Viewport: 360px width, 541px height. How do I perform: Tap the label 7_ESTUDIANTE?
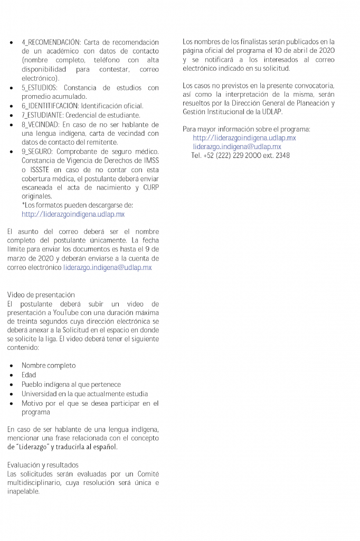43,115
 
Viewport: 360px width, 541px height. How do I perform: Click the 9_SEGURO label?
37,152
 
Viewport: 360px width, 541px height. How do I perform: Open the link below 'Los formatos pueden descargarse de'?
73,214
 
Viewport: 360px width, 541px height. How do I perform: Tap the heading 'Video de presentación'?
41,295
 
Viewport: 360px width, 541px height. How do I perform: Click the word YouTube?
82,313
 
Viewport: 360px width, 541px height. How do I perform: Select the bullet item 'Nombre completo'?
49,366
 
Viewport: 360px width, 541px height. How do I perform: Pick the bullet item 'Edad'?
29,375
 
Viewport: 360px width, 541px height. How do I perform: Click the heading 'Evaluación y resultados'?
43,465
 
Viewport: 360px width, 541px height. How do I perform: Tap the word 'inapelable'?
23,492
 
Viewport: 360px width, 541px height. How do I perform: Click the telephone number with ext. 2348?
241,156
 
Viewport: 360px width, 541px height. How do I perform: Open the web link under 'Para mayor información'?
244,138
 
